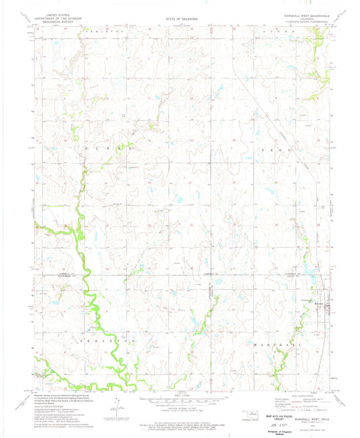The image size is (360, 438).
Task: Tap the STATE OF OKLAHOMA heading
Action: [180, 19]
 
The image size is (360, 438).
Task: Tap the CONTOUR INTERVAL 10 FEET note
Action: [180, 406]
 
